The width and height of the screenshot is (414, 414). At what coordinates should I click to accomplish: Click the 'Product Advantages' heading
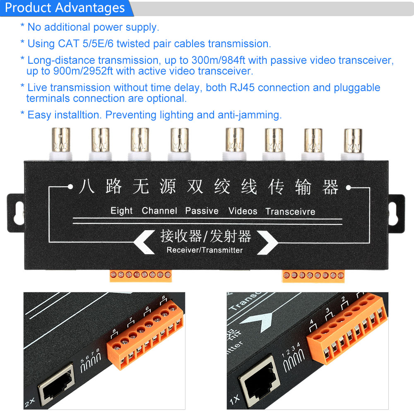point(65,7)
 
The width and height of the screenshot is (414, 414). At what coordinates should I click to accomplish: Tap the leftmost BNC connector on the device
point(61,144)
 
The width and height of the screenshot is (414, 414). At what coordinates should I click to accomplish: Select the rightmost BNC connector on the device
point(353,144)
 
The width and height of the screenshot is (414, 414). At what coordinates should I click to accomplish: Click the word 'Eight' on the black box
point(121,211)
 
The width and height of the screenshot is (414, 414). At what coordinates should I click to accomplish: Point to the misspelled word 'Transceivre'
point(290,212)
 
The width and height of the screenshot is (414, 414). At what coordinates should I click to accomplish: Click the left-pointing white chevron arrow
point(144,242)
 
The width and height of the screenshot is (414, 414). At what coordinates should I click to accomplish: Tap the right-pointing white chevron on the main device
point(267,242)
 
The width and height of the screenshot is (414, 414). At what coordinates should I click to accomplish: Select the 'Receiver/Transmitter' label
point(205,250)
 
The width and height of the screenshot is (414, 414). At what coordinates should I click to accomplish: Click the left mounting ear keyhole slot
point(19,213)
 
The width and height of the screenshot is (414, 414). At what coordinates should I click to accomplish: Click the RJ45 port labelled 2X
point(56,384)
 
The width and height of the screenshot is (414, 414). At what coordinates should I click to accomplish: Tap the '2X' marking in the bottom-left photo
point(29,402)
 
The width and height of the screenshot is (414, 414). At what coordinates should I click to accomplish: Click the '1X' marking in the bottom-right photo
point(235,399)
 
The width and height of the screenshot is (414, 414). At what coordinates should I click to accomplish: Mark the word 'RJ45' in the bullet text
point(242,87)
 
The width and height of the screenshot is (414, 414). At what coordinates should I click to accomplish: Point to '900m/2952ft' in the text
point(83,71)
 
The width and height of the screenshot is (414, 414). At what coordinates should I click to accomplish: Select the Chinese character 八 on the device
point(87,186)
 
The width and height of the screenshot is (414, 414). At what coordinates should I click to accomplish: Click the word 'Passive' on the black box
point(202,211)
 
